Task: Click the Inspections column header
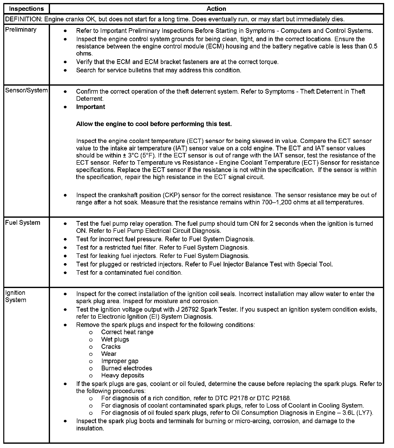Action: (x=26, y=9)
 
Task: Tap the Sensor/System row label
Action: (x=26, y=90)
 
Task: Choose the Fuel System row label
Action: (x=23, y=223)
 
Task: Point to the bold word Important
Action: (x=90, y=107)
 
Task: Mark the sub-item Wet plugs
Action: (x=115, y=340)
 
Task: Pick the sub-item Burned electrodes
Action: (x=127, y=368)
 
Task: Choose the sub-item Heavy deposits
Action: (x=123, y=376)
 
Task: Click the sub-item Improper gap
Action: (x=120, y=361)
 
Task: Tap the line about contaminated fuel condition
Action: (x=129, y=273)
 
